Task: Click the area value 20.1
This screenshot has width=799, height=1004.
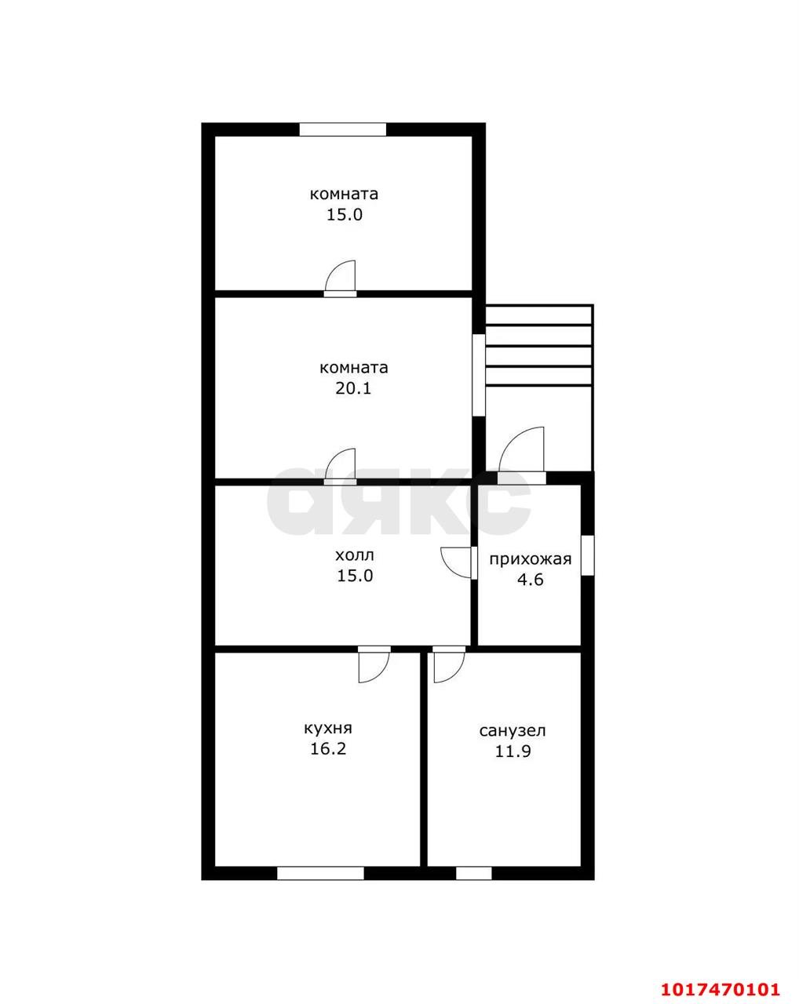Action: pyautogui.click(x=353, y=388)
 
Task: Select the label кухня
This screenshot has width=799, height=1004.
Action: pyautogui.click(x=328, y=729)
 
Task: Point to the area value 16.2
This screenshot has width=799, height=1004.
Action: pyautogui.click(x=328, y=749)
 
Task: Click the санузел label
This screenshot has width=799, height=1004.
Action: pyautogui.click(x=513, y=731)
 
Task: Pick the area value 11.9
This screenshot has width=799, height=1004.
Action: pyautogui.click(x=513, y=751)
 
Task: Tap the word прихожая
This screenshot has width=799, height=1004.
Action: pyautogui.click(x=531, y=559)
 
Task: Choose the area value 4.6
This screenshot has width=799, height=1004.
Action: pyautogui.click(x=530, y=580)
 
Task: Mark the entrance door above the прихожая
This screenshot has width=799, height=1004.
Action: pyautogui.click(x=522, y=453)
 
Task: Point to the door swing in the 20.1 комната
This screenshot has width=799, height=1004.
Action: pyautogui.click(x=341, y=466)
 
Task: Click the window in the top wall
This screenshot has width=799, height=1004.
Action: pyautogui.click(x=343, y=129)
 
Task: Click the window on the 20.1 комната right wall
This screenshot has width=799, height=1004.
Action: pyautogui.click(x=479, y=375)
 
